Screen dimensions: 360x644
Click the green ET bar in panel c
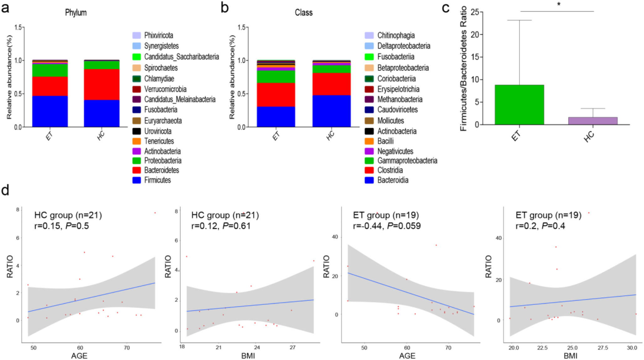[519, 105]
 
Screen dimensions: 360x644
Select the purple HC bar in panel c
[593, 121]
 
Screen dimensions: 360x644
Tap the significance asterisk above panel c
[558, 4]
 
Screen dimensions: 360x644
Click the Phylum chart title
[76, 13]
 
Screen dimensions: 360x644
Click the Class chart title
[304, 13]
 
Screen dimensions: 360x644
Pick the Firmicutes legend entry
[157, 180]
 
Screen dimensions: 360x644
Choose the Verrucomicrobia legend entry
[165, 89]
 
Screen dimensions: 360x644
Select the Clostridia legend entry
[390, 170]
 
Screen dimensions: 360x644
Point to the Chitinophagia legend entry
[396, 35]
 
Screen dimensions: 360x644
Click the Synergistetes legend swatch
[137, 46]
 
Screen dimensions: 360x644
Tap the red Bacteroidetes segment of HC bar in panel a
[101, 85]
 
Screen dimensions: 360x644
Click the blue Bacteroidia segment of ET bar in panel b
[276, 117]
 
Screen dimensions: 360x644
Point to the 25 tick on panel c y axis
[475, 12]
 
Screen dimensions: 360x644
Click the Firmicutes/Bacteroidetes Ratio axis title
[463, 68]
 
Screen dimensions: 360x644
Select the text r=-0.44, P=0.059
[387, 226]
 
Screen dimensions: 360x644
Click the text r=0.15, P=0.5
[61, 226]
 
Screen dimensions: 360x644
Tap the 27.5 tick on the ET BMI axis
[602, 348]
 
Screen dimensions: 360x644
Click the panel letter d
[5, 190]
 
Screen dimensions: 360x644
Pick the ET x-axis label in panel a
[49, 136]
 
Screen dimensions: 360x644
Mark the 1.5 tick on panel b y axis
[241, 28]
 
